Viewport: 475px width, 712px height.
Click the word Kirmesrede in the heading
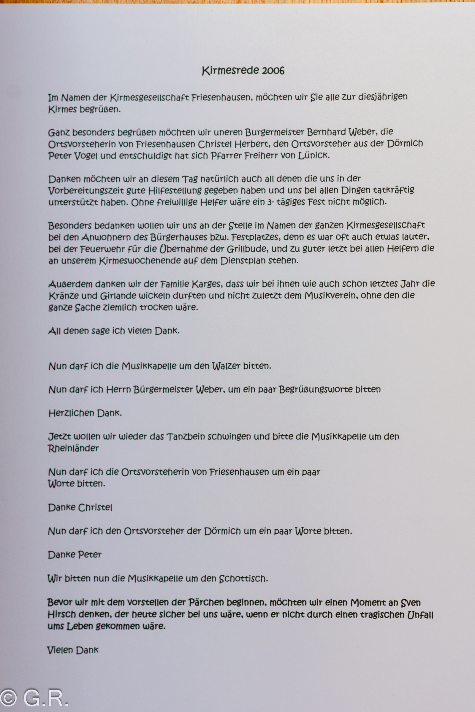coord(230,71)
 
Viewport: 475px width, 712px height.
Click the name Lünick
coord(313,155)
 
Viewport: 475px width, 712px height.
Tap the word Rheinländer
coord(73,448)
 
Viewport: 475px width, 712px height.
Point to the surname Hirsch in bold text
coord(62,615)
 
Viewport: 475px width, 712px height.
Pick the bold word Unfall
coord(420,615)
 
